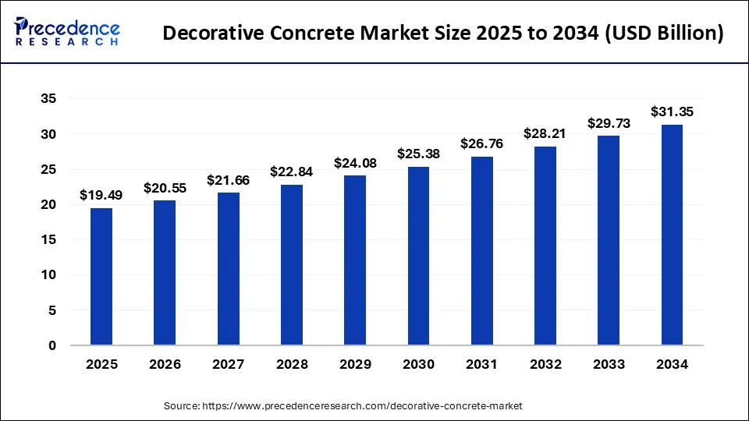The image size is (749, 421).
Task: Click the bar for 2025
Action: coord(101,277)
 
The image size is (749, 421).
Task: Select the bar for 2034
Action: coord(672,235)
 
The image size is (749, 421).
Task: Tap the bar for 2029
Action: coord(355,260)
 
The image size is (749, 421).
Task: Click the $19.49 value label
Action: coord(101,196)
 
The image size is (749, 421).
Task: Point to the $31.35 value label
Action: coord(672,112)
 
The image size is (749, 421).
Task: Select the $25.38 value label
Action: coord(418,154)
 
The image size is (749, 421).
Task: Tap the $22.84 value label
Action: coord(292,172)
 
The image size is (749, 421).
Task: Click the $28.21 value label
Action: coord(545,134)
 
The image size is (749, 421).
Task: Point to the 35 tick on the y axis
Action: coord(48,99)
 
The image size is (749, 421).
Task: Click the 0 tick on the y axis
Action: coord(52,345)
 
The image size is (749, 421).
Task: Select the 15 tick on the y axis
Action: coord(48,240)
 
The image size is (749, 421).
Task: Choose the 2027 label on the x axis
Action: coord(228,364)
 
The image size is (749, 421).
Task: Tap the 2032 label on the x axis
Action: coord(545,364)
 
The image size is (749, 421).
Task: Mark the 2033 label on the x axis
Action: coord(609,364)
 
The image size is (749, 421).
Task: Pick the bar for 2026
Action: coord(165,273)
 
